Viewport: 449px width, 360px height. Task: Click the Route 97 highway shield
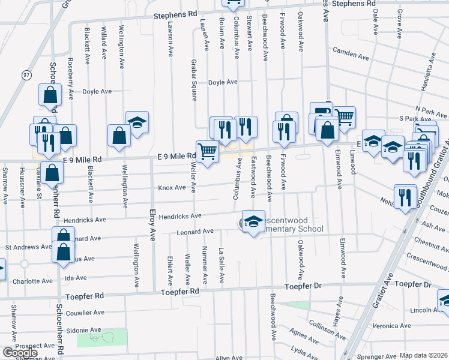(x=26, y=74)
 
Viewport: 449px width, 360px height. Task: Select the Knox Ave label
(x=172, y=188)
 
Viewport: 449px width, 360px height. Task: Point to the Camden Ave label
(x=350, y=53)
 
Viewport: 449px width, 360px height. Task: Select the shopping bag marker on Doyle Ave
(x=50, y=95)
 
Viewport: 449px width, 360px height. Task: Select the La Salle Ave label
(x=221, y=266)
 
